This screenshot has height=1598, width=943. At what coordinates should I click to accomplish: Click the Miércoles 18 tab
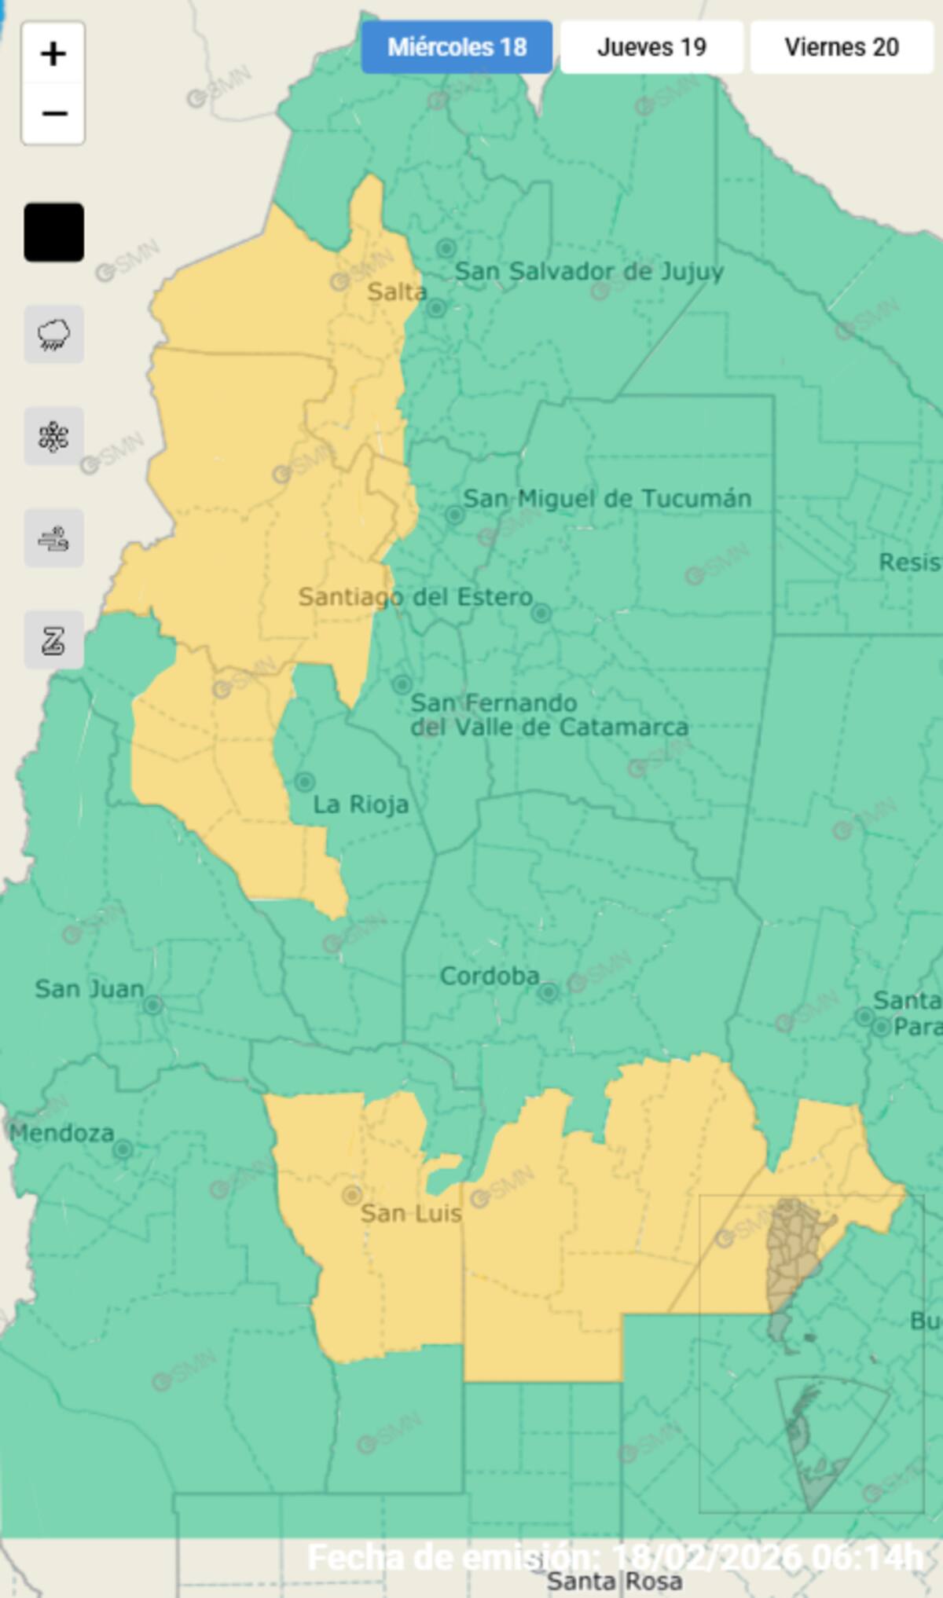tap(457, 47)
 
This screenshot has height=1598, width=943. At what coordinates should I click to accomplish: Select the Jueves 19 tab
tap(651, 47)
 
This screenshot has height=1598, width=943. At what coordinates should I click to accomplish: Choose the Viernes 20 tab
tap(842, 47)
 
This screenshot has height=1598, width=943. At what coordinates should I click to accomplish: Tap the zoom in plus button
tap(53, 54)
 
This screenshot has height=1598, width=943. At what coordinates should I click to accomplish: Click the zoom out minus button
tap(53, 114)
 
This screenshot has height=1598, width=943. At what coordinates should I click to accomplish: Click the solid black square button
tap(53, 233)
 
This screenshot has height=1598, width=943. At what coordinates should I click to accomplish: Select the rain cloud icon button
tap(53, 335)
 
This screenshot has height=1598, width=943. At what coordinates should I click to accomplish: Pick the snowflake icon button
tap(53, 437)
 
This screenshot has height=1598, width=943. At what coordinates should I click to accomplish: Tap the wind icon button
tap(53, 539)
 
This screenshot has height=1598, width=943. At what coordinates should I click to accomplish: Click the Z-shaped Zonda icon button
tap(53, 641)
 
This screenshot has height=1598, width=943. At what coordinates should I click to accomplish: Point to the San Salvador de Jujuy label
tap(589, 272)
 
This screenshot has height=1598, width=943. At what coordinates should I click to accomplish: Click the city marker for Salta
tap(437, 308)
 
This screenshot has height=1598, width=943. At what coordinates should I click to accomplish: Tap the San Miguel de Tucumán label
tap(607, 498)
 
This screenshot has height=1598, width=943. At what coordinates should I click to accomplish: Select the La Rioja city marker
tap(305, 783)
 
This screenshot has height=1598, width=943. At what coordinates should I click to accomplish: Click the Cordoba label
tap(490, 977)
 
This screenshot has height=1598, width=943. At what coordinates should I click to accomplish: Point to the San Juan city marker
tap(152, 1005)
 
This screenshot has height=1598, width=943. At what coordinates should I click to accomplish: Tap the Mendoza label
tap(62, 1133)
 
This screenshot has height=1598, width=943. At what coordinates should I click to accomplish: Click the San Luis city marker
tap(352, 1196)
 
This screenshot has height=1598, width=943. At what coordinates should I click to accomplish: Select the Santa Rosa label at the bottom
tap(615, 1581)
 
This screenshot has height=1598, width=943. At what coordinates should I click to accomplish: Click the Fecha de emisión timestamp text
tap(615, 1556)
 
